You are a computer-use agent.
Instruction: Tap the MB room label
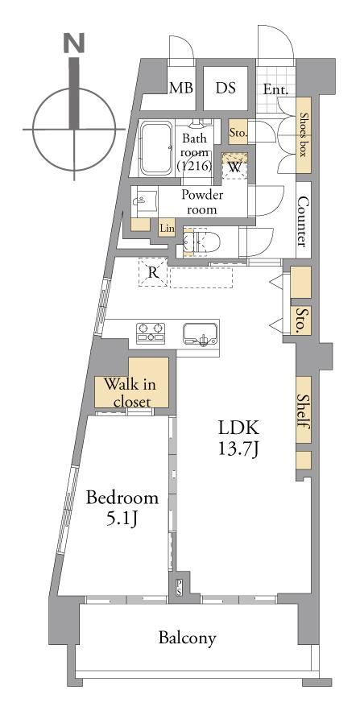181,88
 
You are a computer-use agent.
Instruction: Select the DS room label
226,88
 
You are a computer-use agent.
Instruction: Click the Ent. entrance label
276,90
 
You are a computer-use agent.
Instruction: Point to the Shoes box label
304,134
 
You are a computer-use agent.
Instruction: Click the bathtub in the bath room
155,147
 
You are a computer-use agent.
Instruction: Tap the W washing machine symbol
234,167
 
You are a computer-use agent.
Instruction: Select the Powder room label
202,202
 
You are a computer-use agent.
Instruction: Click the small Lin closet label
167,229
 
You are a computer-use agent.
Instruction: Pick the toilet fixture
201,241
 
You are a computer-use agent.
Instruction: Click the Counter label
303,221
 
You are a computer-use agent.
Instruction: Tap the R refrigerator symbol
153,273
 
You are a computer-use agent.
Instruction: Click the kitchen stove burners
150,332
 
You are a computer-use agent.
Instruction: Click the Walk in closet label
130,392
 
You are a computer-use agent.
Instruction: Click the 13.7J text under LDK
238,450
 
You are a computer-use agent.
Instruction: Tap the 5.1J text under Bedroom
122,519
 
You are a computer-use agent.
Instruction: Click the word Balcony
187,638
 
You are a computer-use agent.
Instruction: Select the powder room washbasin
144,200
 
